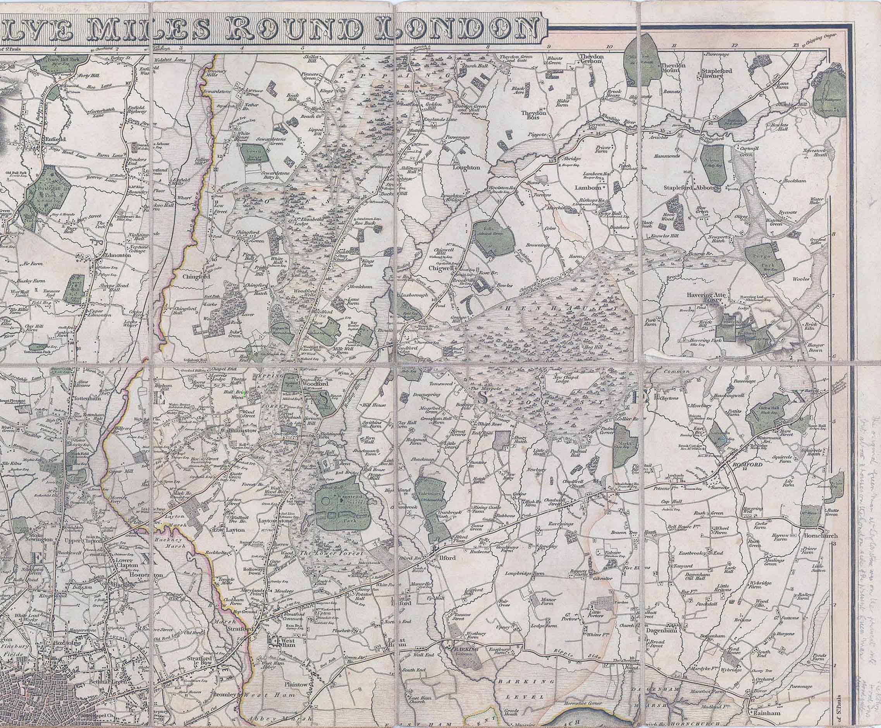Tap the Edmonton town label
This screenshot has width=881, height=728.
112,255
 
